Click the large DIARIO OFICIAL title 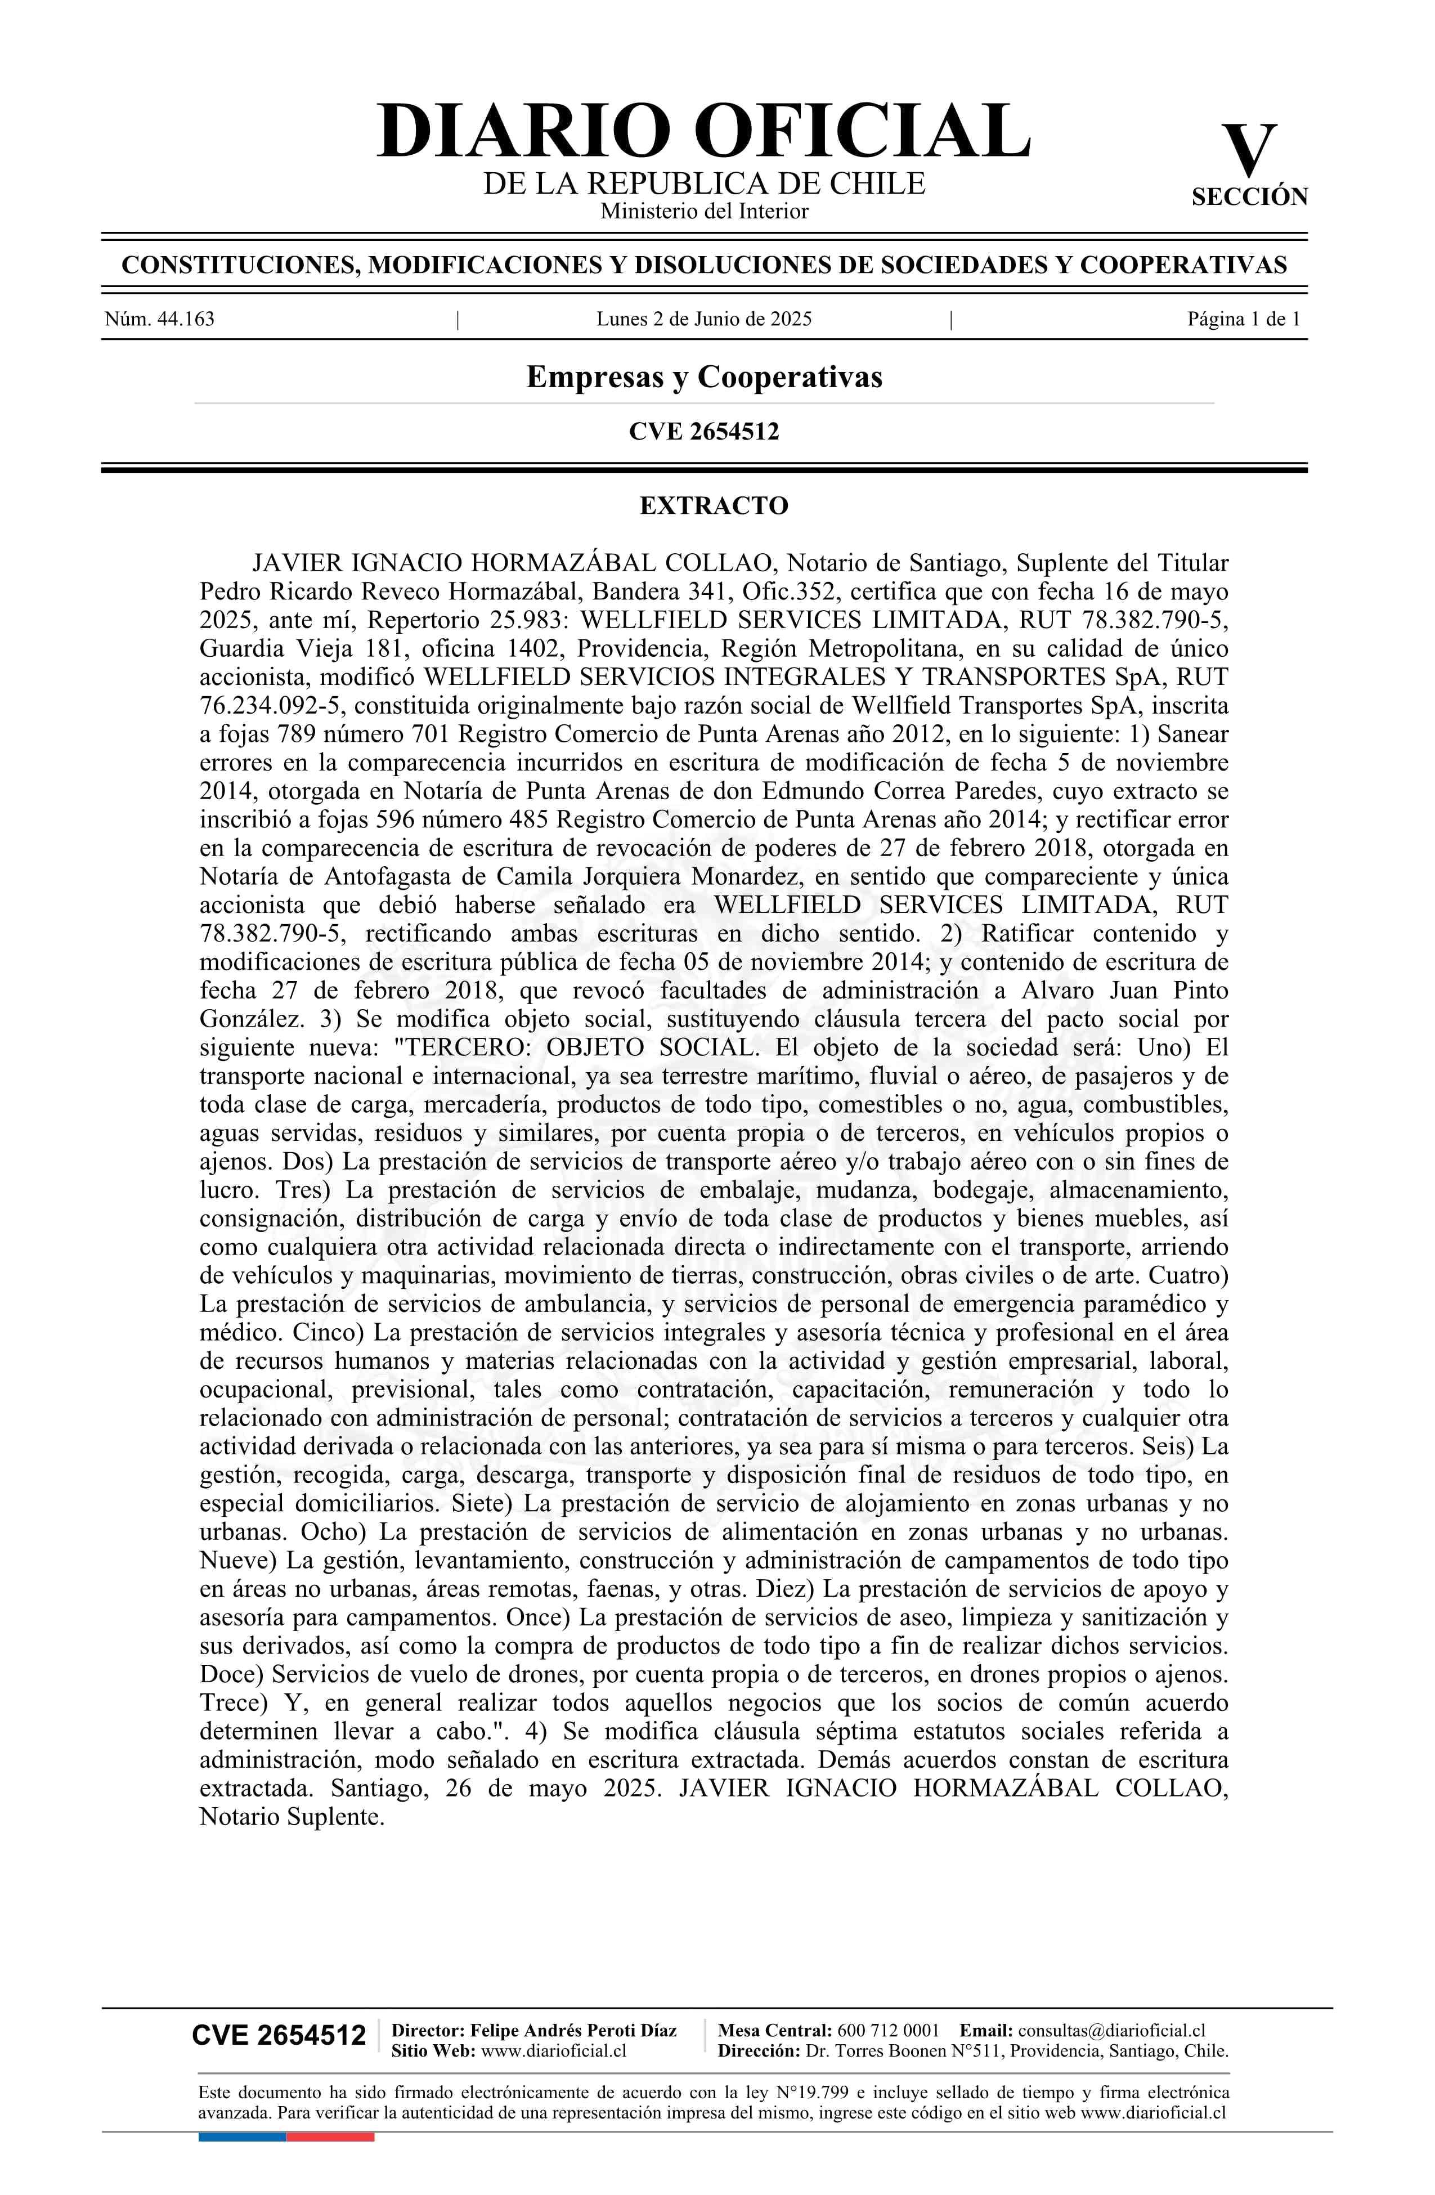pyautogui.click(x=703, y=131)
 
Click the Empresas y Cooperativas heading pyautogui.click(x=703, y=377)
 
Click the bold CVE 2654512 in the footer pyautogui.click(x=279, y=2035)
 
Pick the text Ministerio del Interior pyautogui.click(x=703, y=211)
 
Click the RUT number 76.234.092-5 pyautogui.click(x=271, y=706)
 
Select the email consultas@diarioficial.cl pyautogui.click(x=1111, y=2030)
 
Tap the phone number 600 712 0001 pyautogui.click(x=888, y=2030)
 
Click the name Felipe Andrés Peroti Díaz pyautogui.click(x=573, y=2030)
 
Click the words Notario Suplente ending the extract pyautogui.click(x=290, y=1816)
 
